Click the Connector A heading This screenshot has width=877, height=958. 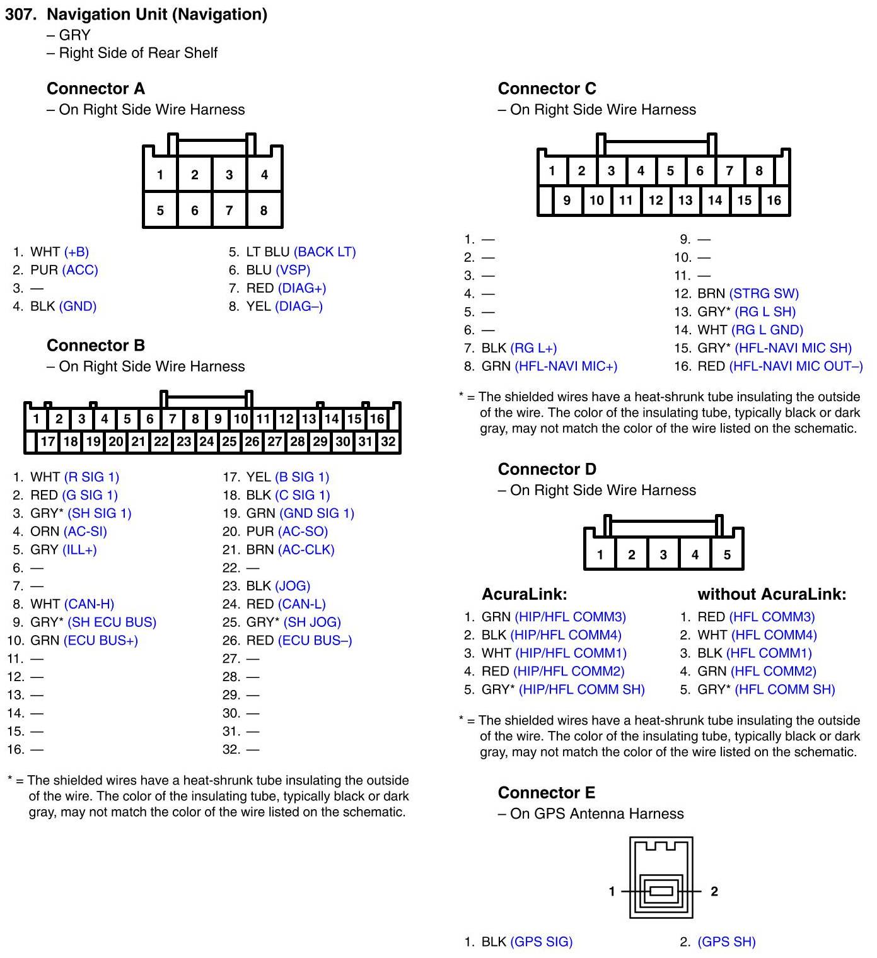pyautogui.click(x=95, y=88)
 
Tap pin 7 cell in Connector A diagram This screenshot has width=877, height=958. pyautogui.click(x=229, y=210)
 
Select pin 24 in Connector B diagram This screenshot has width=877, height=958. pyautogui.click(x=206, y=441)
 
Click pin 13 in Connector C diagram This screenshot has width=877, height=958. pyautogui.click(x=685, y=201)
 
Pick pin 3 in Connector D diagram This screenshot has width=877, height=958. pyautogui.click(x=663, y=555)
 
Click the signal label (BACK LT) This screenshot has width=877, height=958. pyautogui.click(x=325, y=252)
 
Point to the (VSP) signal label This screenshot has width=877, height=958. pyautogui.click(x=293, y=270)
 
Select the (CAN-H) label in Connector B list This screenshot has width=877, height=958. pyautogui.click(x=89, y=604)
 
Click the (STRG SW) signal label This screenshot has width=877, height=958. pyautogui.click(x=764, y=293)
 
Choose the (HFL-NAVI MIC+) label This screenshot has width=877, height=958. pyautogui.click(x=566, y=366)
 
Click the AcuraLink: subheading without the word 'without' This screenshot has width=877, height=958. pyautogui.click(x=524, y=594)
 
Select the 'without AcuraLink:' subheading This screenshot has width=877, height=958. pyautogui.click(x=771, y=594)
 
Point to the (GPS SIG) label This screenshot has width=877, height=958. pyautogui.click(x=541, y=942)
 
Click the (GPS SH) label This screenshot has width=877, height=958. pyautogui.click(x=726, y=942)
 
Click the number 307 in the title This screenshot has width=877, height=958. pyautogui.click(x=20, y=15)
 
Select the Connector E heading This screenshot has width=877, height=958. pyautogui.click(x=546, y=792)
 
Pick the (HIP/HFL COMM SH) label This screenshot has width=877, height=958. pyautogui.click(x=581, y=689)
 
